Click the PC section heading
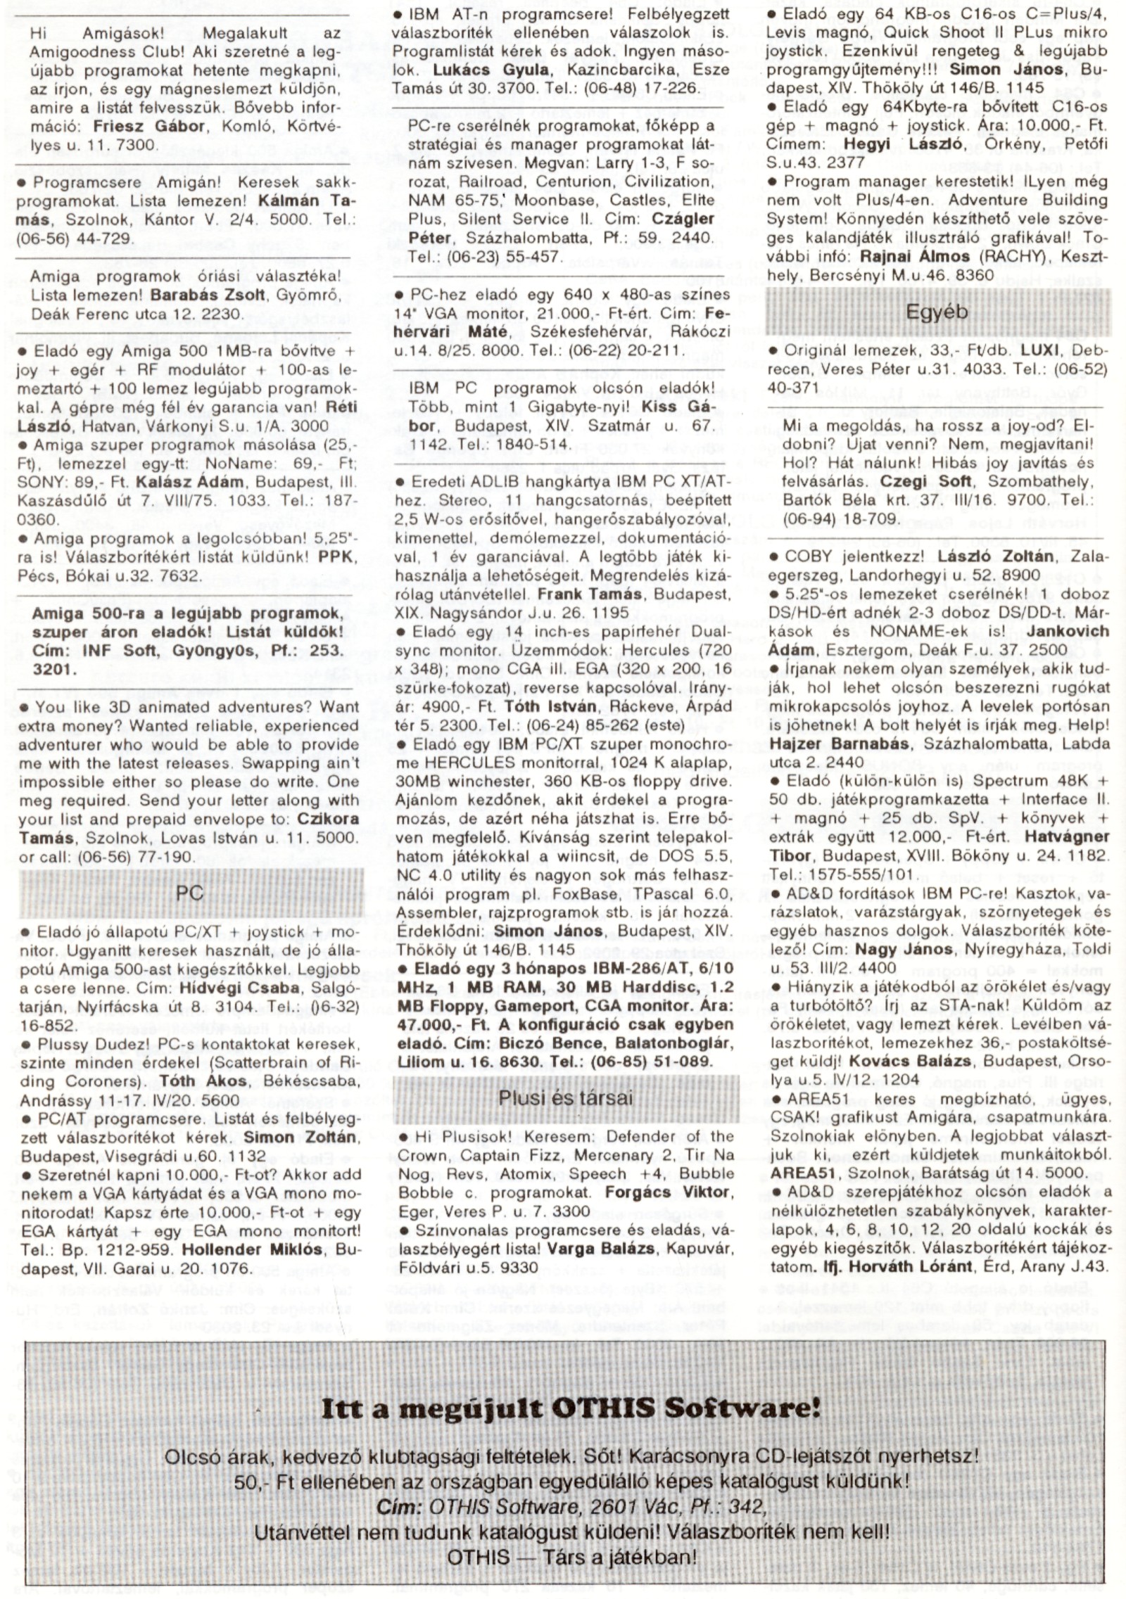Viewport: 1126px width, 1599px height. (191, 893)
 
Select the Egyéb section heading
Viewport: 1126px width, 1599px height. (937, 312)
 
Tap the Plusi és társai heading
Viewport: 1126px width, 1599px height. (566, 1097)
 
